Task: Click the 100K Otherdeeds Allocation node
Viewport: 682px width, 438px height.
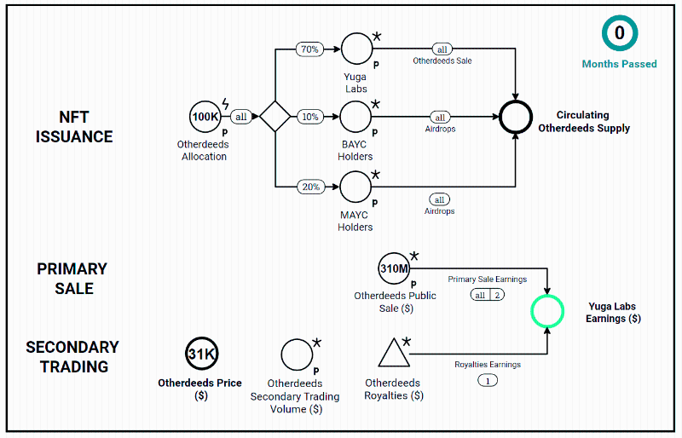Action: [x=205, y=116]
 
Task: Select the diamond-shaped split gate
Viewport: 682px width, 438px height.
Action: [x=275, y=116]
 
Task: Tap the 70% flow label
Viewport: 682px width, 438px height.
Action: [x=309, y=49]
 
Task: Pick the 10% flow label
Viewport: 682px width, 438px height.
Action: [x=309, y=117]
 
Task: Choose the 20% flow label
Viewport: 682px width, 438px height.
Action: [x=309, y=186]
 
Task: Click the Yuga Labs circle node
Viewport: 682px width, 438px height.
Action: [x=356, y=49]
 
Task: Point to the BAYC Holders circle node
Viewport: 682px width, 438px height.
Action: [x=356, y=116]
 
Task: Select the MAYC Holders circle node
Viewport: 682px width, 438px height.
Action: [x=356, y=186]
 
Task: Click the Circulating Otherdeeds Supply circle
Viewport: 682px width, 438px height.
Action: [x=516, y=117]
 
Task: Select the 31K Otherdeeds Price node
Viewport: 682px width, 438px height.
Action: [x=201, y=354]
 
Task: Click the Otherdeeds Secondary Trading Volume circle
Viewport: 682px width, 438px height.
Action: [x=297, y=354]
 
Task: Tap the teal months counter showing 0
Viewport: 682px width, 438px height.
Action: [x=620, y=34]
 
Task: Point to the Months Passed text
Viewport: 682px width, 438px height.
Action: [x=620, y=64]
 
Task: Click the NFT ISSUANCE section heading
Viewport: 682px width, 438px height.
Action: [x=74, y=126]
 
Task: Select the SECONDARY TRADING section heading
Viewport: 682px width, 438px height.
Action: [x=72, y=357]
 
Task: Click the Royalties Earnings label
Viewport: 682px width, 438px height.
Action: [x=488, y=365]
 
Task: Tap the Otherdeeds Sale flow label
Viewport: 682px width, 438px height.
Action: [x=442, y=61]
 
